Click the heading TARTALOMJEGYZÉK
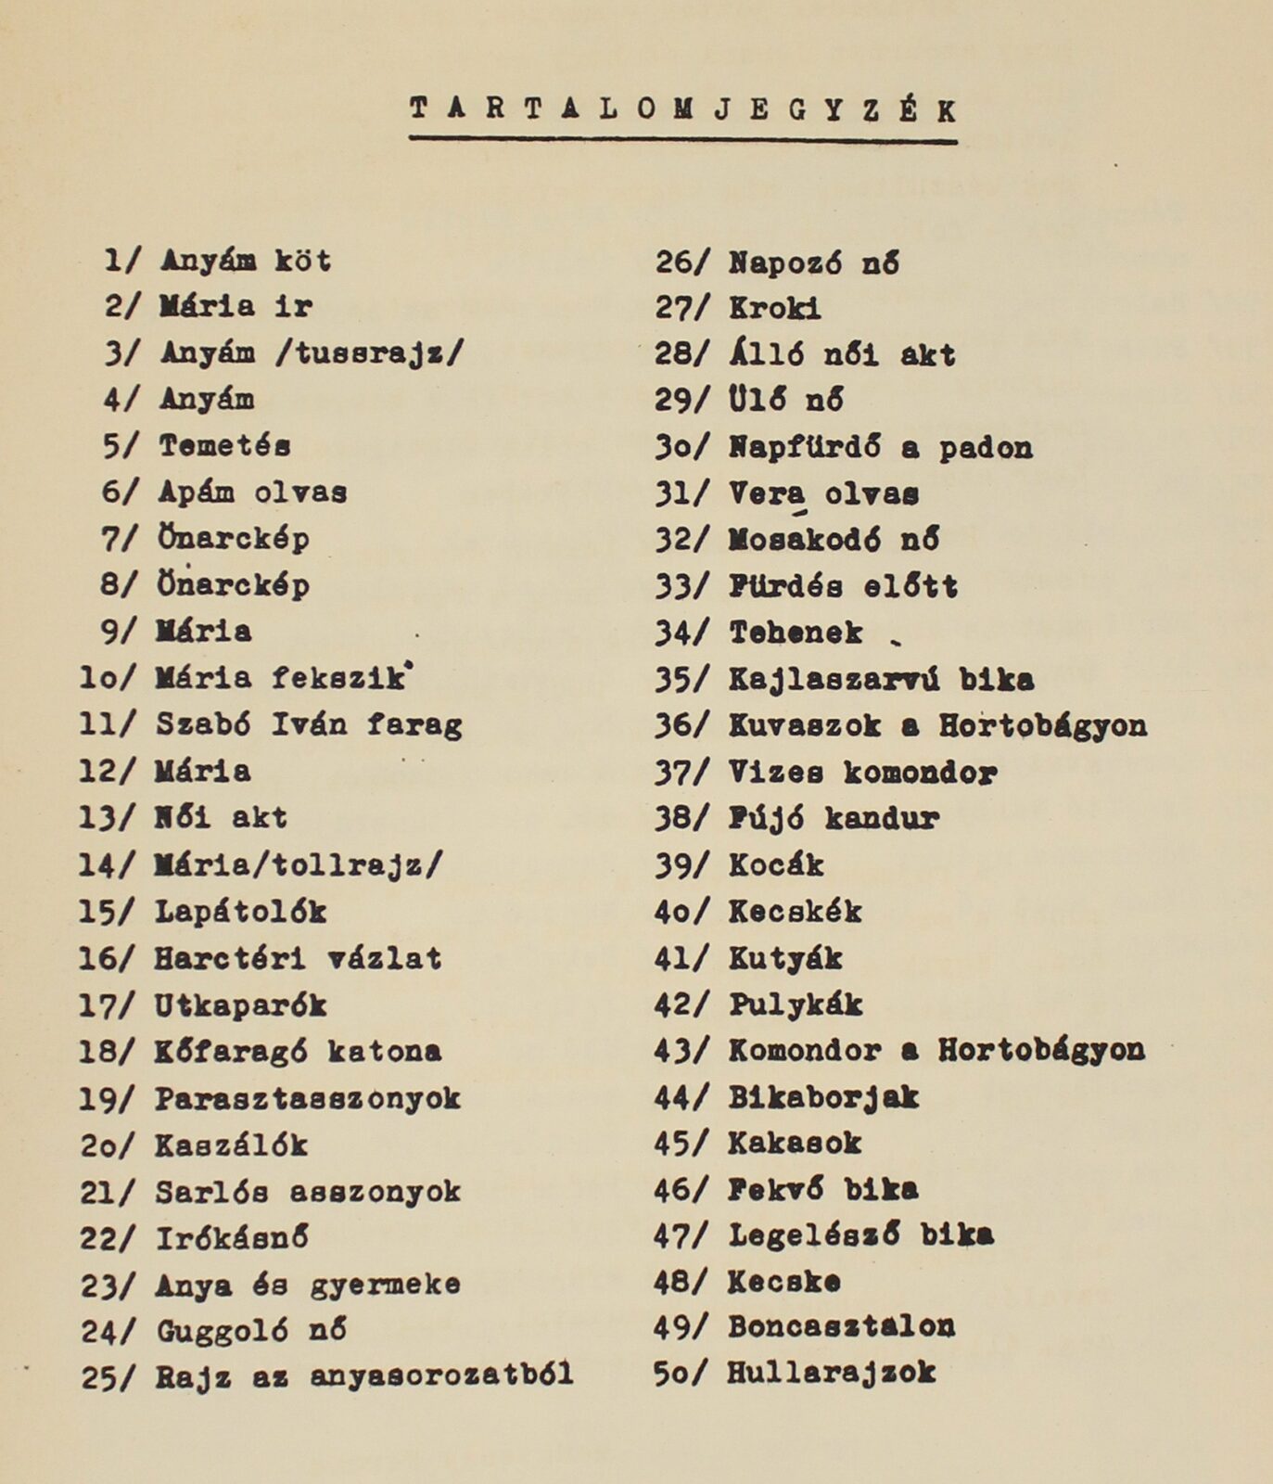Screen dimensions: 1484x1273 click(x=682, y=110)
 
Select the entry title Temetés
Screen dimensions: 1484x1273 click(x=224, y=445)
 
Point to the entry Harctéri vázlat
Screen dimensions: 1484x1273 click(x=298, y=957)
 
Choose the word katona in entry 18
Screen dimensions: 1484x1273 click(x=385, y=1051)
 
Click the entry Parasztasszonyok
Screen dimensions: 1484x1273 click(x=307, y=1098)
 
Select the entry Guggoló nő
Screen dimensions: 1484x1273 click(x=251, y=1331)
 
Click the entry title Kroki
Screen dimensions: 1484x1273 click(x=774, y=308)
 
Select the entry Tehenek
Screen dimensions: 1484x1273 click(x=796, y=633)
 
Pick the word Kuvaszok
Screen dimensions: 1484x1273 click(x=804, y=725)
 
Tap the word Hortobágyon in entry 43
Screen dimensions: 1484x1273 click(x=1040, y=1050)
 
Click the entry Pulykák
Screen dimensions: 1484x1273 click(x=796, y=1004)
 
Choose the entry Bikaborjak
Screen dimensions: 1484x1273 click(x=822, y=1097)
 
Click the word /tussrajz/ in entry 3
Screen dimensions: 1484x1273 click(x=369, y=352)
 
